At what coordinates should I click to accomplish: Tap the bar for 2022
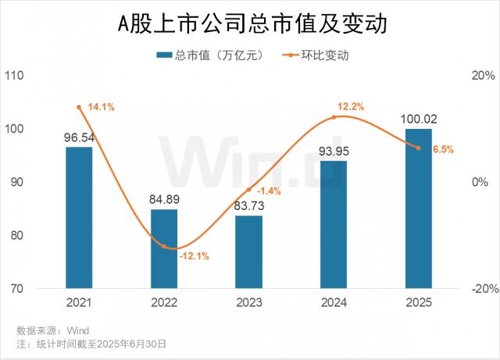[x=164, y=248]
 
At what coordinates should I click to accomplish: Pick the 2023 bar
[x=249, y=251]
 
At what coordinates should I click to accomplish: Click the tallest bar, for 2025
[x=419, y=209]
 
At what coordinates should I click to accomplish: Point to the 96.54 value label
[x=78, y=137]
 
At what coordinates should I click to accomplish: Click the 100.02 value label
[x=419, y=119]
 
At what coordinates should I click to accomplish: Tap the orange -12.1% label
[x=193, y=255]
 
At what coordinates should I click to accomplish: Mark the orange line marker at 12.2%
[x=334, y=117]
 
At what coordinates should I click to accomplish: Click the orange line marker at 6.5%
[x=419, y=148]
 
